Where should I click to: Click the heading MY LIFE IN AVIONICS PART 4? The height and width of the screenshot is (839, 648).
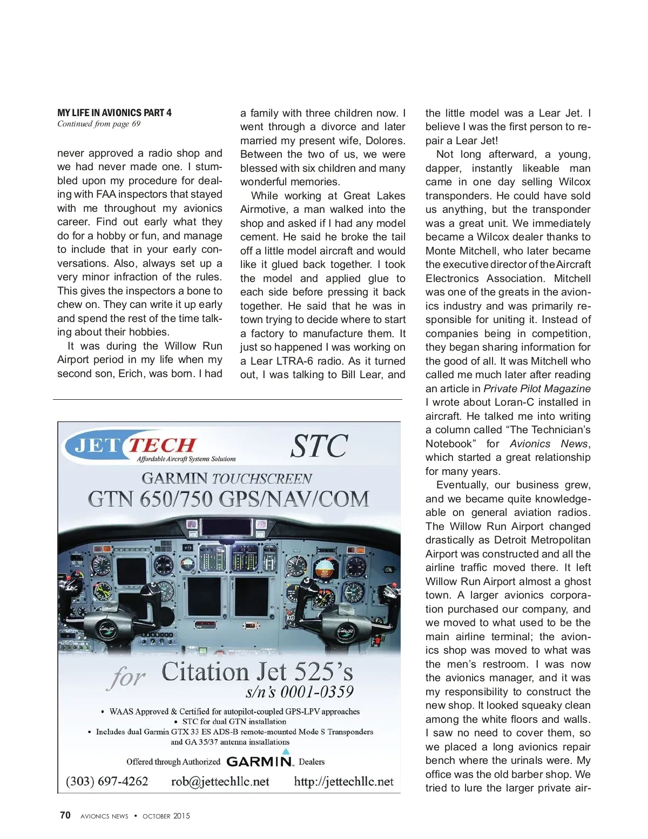114,113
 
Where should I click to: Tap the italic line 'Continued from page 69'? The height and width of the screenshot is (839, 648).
99,124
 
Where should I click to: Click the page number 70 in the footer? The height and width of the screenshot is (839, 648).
65,815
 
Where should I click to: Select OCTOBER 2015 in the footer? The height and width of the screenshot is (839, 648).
166,816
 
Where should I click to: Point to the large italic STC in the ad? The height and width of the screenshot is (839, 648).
319,446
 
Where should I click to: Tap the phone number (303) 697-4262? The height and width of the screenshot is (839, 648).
107,781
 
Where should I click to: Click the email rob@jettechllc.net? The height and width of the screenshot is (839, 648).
220,781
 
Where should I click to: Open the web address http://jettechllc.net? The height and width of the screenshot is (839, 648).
343,781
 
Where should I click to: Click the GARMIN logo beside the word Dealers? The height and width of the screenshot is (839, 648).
260,761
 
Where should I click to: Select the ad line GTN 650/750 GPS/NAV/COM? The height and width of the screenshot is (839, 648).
228,499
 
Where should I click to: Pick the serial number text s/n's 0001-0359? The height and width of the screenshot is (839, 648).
300,692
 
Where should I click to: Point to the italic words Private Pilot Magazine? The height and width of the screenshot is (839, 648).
537,388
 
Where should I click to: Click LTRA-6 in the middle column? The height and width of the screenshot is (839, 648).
292,361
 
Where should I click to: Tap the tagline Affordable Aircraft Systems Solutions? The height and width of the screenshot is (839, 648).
186,459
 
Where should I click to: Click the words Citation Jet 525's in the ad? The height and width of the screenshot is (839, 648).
257,672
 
